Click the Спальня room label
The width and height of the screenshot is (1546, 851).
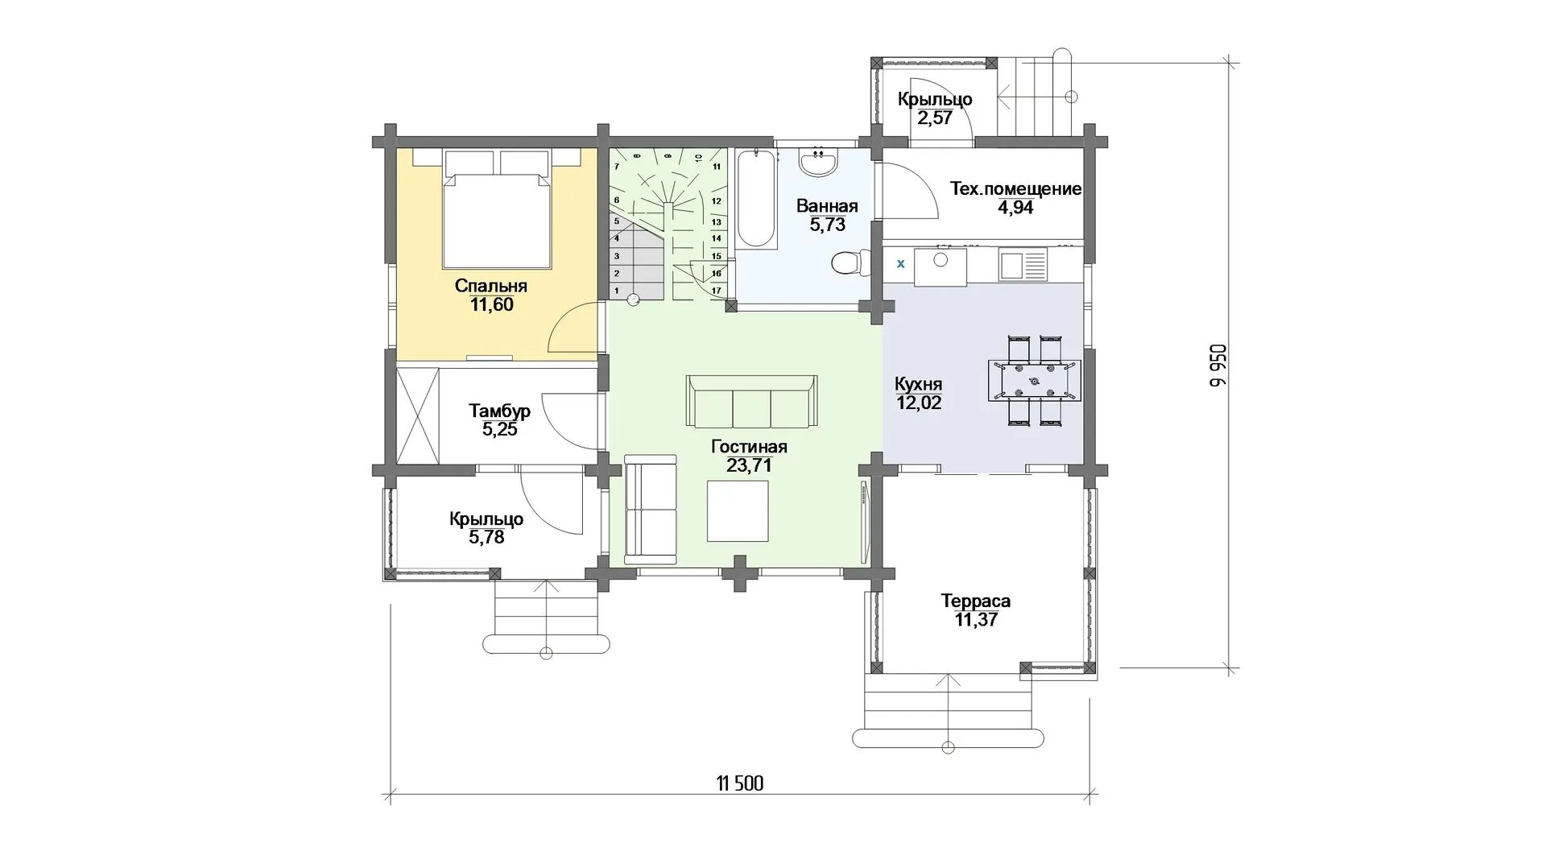coord(490,286)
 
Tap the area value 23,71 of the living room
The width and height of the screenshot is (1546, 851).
coord(749,465)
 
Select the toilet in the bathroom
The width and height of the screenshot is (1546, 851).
coord(848,263)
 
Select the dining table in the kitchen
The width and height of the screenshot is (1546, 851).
coord(1034,379)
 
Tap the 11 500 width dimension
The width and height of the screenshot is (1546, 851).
coord(739,783)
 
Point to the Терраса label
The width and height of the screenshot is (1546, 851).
coord(975,601)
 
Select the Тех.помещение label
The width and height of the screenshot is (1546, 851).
coord(1015,189)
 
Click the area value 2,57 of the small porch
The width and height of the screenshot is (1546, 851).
coord(935,118)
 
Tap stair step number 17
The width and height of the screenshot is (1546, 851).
coord(716,290)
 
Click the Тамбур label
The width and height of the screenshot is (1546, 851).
coord(499,411)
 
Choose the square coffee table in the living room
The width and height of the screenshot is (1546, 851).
coord(738,510)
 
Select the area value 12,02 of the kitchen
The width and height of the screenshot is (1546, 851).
coord(918,403)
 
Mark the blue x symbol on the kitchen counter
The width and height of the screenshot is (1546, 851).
coord(900,263)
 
